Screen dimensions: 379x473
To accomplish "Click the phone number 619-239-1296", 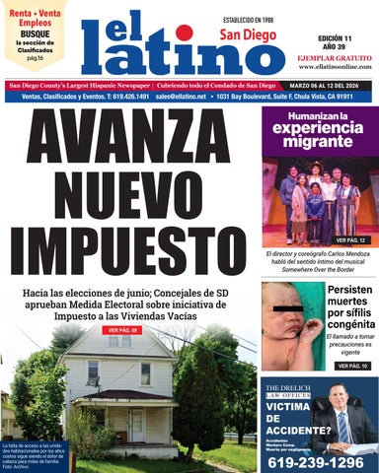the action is click(x=316, y=461).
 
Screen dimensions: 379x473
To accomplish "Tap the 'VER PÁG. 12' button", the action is click(x=349, y=240).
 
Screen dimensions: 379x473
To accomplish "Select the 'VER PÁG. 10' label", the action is click(x=350, y=365).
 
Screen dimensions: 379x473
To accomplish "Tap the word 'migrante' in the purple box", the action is click(x=318, y=142).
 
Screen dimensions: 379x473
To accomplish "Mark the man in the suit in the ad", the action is click(x=344, y=420).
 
